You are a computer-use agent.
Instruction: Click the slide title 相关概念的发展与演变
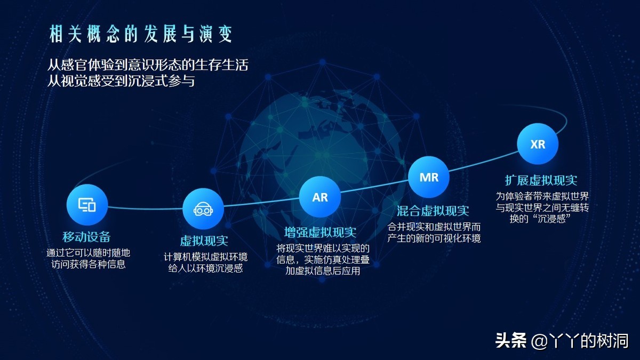[141, 34]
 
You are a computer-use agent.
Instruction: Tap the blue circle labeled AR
[320, 197]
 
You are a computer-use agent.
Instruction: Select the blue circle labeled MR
[429, 177]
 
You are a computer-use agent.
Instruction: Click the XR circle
[538, 144]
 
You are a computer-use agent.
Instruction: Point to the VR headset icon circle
[203, 209]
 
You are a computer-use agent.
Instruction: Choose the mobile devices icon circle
[87, 205]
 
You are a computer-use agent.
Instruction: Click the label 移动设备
[86, 237]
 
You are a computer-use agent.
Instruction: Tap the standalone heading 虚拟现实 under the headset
[204, 241]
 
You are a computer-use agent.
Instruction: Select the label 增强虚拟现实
[321, 233]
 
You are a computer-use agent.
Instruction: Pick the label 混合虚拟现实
[433, 211]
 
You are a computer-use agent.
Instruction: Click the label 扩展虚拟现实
[541, 180]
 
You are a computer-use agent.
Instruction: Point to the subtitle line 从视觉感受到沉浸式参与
[121, 81]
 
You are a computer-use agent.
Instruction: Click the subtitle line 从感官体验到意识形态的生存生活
[148, 65]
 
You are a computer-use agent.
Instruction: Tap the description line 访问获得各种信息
[89, 264]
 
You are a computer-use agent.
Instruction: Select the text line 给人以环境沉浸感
[205, 268]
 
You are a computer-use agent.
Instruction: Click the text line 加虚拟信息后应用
[323, 270]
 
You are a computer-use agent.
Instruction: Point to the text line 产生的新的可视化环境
[434, 238]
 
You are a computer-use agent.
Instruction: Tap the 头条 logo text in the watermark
[511, 340]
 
